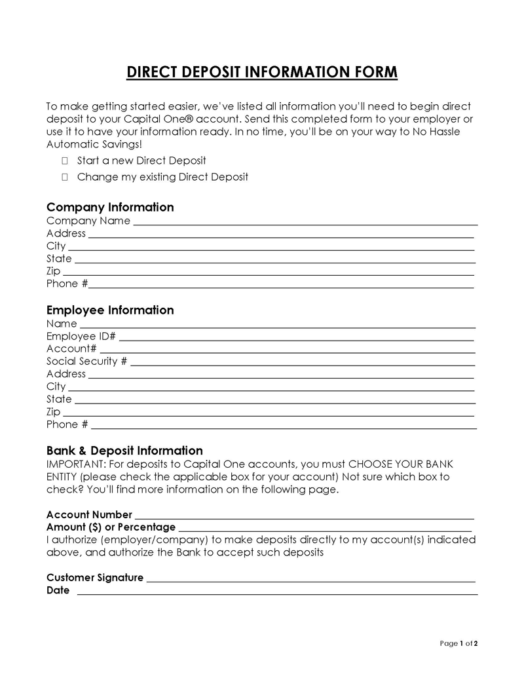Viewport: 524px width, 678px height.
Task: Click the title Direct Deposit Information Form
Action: coord(262,72)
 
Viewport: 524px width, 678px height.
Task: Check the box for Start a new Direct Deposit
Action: coord(65,160)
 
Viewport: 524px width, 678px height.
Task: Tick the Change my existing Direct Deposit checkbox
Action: coord(65,177)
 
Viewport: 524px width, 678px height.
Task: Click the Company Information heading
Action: coord(110,207)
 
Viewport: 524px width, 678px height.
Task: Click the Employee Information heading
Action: coord(110,310)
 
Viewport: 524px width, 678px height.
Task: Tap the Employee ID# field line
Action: coord(296,338)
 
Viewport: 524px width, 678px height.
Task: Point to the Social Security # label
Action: coord(86,361)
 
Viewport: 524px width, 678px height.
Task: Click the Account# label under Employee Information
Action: coord(71,348)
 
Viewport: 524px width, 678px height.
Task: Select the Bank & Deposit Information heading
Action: coord(124,451)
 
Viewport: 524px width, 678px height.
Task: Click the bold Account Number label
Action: coord(89,514)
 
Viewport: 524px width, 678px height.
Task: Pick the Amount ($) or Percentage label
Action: coord(111,527)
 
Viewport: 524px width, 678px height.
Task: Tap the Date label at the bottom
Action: coord(58,590)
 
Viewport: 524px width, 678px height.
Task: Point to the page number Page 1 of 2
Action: coord(458,643)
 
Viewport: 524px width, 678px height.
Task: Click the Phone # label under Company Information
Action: coord(67,284)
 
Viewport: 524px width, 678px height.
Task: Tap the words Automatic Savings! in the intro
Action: coord(94,144)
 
